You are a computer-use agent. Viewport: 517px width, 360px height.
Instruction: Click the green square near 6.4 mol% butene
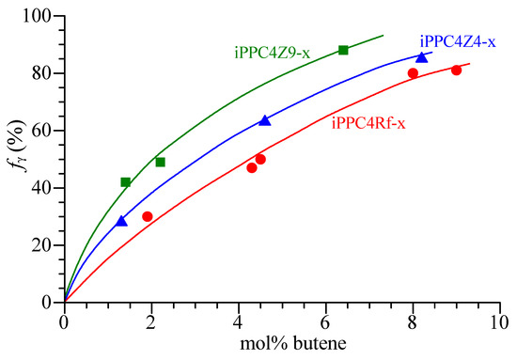[x=343, y=50]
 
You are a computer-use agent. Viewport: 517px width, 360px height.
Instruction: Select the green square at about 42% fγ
[x=126, y=181]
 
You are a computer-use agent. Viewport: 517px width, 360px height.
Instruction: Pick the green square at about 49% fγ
[x=160, y=162]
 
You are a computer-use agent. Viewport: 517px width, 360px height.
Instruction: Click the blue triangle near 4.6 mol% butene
[x=265, y=120]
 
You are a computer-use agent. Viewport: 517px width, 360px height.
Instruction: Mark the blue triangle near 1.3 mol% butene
[x=121, y=221]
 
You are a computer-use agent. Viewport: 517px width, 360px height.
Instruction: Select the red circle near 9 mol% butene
[x=456, y=70]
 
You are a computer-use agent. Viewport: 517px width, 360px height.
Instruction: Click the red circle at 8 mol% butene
[x=413, y=72]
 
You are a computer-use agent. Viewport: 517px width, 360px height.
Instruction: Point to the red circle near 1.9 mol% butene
[x=148, y=216]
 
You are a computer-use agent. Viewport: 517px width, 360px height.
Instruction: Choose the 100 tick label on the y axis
[x=40, y=16]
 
